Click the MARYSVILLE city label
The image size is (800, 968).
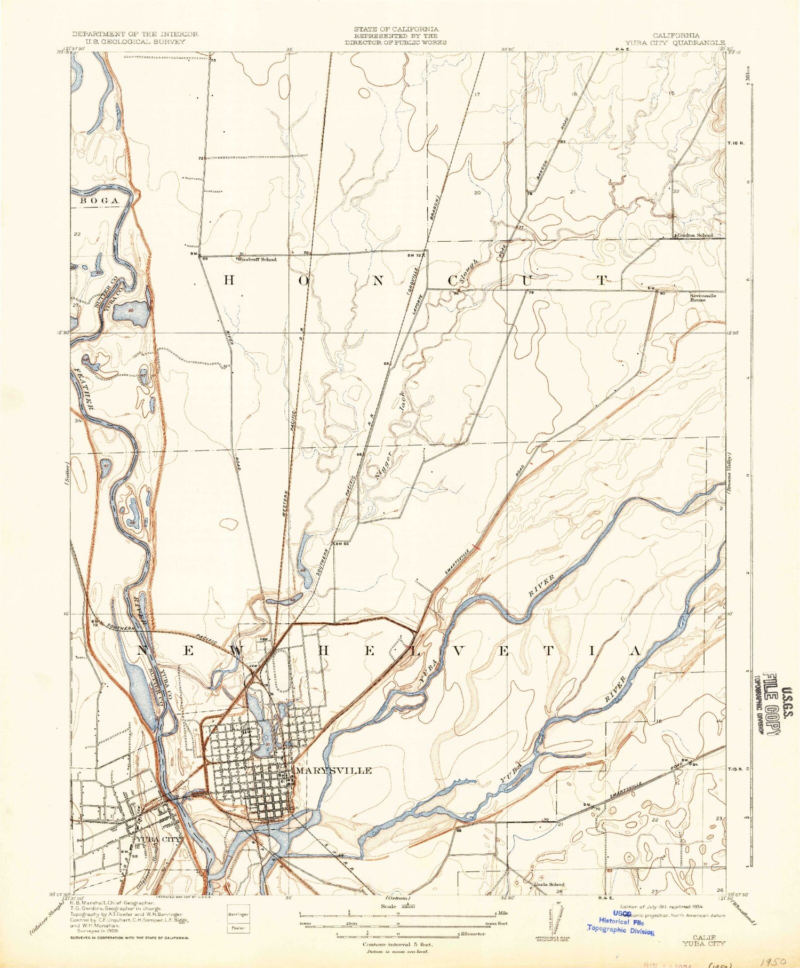coord(334,771)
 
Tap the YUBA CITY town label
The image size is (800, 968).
coord(158,839)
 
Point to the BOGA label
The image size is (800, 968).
coord(99,200)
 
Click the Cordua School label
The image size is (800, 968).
coord(694,235)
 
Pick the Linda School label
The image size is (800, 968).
coord(549,884)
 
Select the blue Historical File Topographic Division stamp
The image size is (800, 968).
coord(620,922)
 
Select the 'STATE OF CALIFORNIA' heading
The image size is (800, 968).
coord(396,29)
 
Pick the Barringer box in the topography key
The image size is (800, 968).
coord(238,914)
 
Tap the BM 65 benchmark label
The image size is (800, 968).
coord(341,544)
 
